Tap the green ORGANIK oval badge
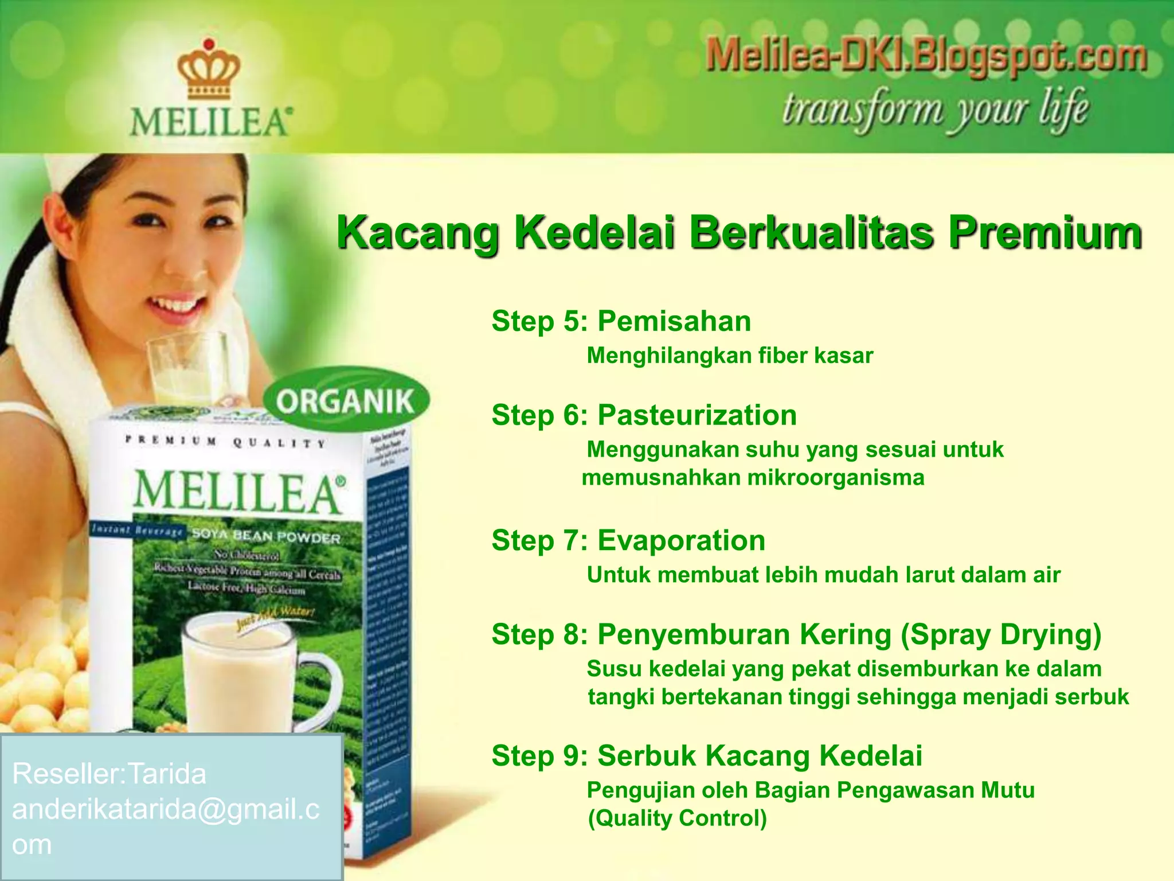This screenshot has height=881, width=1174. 346,400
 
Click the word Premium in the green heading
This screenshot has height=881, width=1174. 1044,232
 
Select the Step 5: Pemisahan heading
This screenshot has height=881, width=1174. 621,321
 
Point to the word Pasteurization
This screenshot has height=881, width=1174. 697,415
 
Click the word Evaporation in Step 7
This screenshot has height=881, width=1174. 682,540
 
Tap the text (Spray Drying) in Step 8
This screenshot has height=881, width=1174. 1001,634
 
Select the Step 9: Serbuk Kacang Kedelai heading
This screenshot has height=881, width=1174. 707,755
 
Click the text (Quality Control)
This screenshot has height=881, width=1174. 678,818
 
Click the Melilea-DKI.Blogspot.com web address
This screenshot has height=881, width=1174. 926,57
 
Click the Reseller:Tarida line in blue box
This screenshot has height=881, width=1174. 109,774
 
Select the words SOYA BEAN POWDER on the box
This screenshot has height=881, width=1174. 266,536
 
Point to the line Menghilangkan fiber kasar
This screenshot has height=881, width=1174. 730,356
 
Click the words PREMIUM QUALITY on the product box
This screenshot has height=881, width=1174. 226,442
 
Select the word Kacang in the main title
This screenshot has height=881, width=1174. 418,232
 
